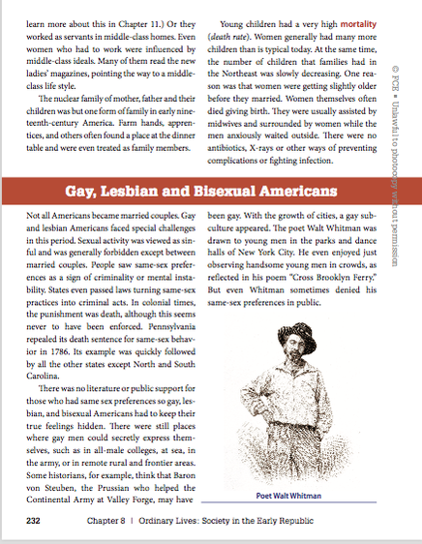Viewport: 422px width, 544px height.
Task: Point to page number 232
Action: tap(34, 521)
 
